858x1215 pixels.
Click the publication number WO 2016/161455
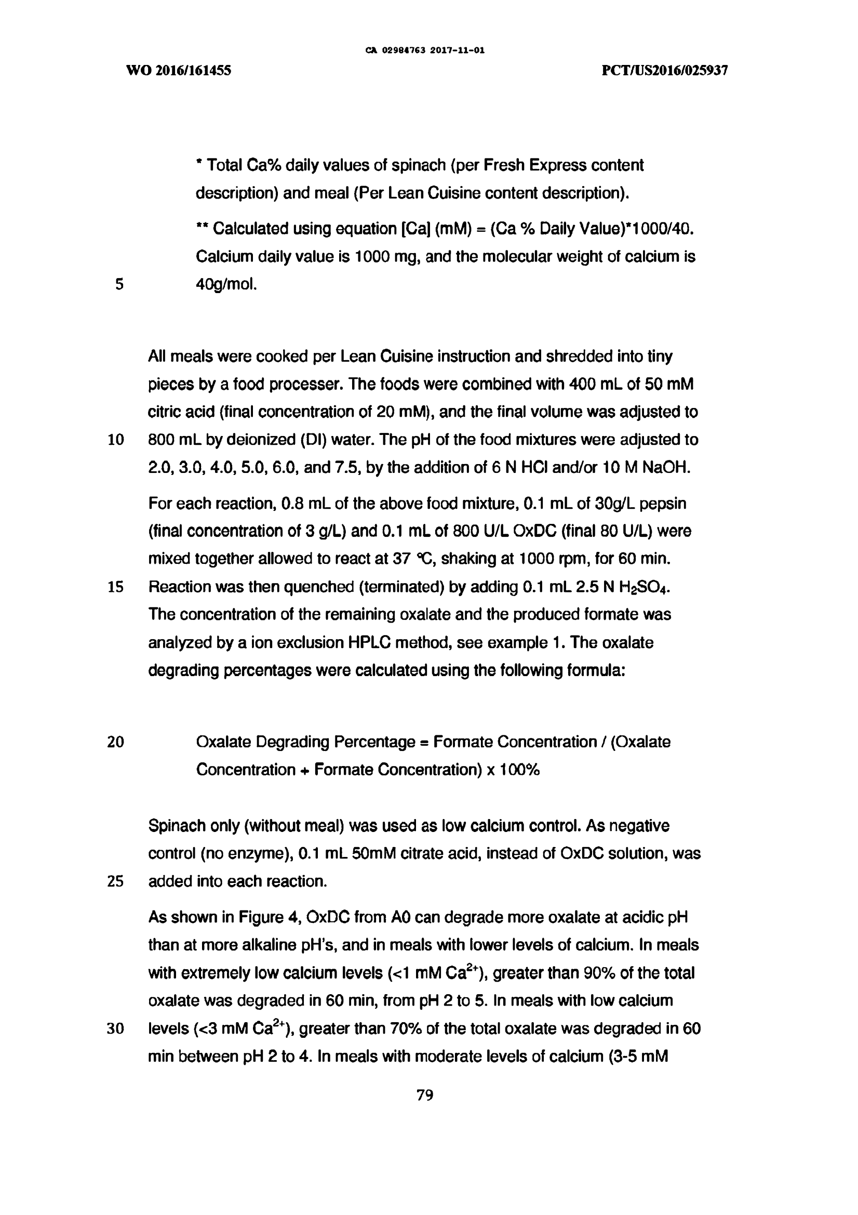point(179,71)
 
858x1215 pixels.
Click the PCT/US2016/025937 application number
point(665,71)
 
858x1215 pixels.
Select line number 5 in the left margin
point(119,285)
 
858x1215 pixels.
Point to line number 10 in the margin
point(115,440)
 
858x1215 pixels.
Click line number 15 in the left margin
point(115,587)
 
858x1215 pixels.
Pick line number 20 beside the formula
point(115,742)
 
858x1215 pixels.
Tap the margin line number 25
point(115,881)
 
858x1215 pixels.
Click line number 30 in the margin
point(115,1029)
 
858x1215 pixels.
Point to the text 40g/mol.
point(226,285)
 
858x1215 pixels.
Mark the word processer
point(304,384)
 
